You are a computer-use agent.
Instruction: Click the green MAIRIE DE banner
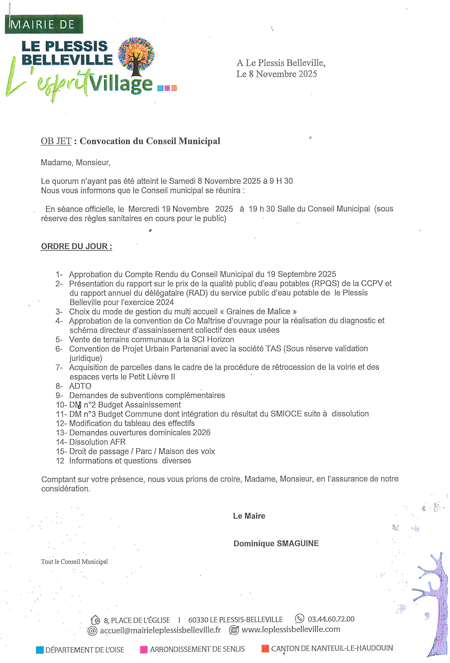tap(44, 24)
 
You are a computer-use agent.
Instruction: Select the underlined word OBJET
tap(56, 141)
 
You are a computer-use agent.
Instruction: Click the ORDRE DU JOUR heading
tap(76, 246)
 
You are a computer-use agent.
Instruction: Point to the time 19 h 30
tap(262, 209)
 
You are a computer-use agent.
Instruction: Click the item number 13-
tap(61, 433)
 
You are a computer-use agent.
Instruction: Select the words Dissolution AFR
tap(97, 442)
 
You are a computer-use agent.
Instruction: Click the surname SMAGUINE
tap(298, 543)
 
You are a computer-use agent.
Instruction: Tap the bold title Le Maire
tap(249, 516)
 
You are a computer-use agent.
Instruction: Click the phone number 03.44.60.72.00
tap(331, 619)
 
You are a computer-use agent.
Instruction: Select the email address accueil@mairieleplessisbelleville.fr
tap(160, 630)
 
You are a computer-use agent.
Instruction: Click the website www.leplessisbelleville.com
tap(291, 629)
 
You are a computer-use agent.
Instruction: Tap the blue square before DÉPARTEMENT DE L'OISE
tap(40, 650)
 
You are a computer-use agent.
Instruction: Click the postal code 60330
tap(198, 620)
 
